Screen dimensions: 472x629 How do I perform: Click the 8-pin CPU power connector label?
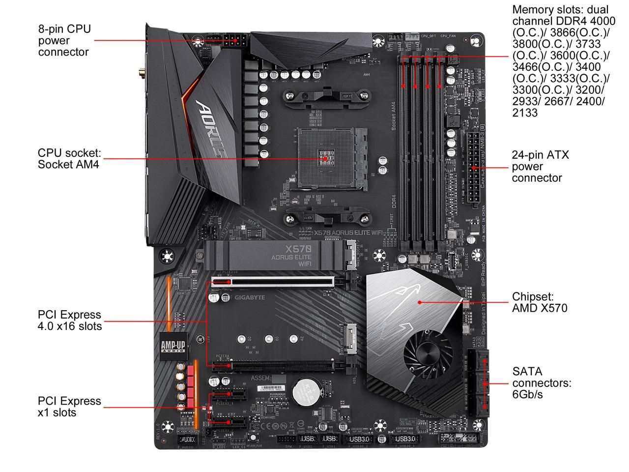[x=64, y=40]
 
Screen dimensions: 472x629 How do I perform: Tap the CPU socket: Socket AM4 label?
[x=69, y=159]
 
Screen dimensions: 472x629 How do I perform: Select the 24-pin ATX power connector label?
[x=540, y=166]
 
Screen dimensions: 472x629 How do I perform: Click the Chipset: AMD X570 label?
[x=539, y=302]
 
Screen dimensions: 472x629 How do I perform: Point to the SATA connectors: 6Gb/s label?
[x=542, y=383]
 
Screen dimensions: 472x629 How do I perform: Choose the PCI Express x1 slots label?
[x=69, y=407]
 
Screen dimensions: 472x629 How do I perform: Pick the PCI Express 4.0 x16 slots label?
[x=69, y=320]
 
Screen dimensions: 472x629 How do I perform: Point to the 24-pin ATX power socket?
[x=473, y=169]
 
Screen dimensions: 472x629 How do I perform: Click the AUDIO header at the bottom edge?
[x=187, y=439]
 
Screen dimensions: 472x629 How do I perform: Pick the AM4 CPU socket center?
[x=325, y=158]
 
